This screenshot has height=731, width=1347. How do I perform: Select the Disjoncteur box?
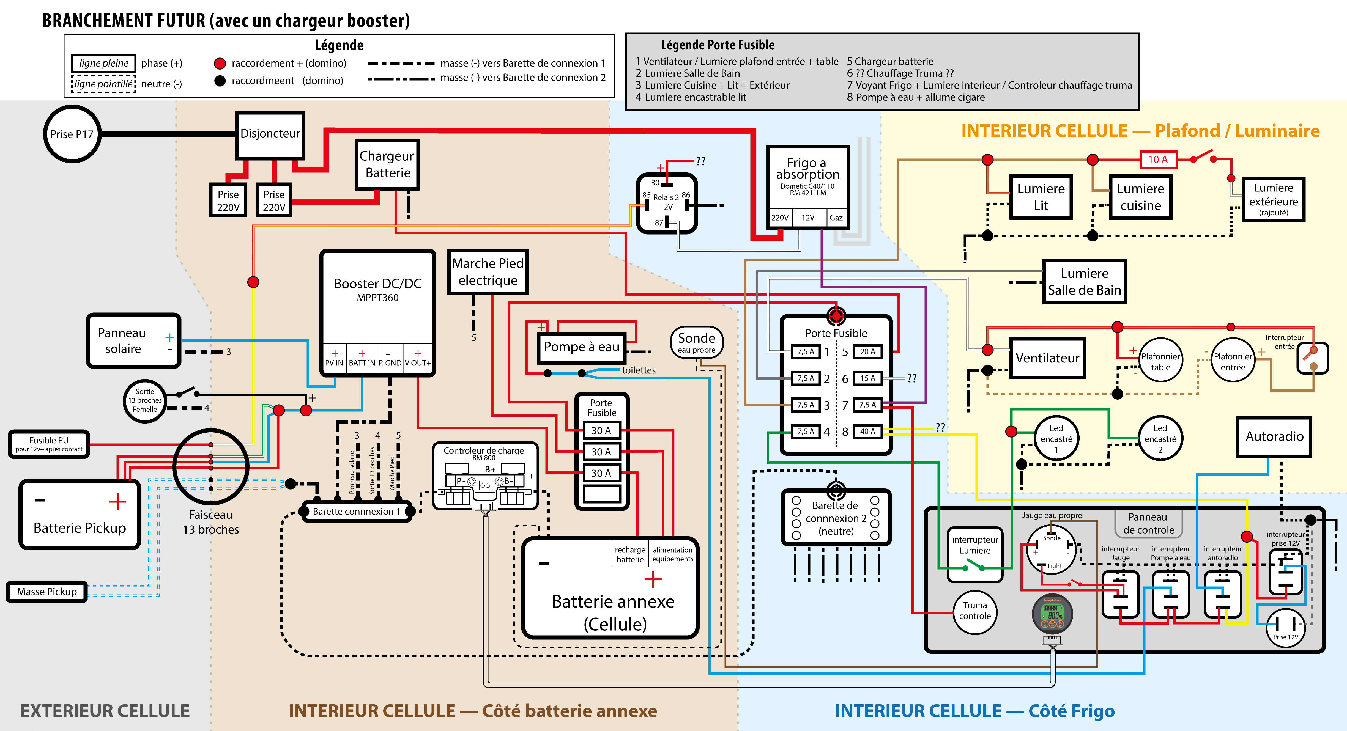[x=270, y=135]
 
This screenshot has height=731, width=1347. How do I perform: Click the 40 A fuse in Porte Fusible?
[x=867, y=432]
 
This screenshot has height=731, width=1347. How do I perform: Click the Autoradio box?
[x=1274, y=437]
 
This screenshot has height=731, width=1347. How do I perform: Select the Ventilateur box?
[x=1047, y=358]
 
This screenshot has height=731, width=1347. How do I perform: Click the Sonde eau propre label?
[x=697, y=342]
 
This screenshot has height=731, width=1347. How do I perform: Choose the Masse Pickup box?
[x=47, y=591]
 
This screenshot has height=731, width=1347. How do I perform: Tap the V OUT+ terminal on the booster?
[x=418, y=359]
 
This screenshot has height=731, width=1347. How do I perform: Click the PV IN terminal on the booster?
[x=334, y=359]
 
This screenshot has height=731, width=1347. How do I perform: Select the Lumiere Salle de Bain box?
[x=1085, y=282]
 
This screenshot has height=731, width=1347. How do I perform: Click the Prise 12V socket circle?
[x=1286, y=628]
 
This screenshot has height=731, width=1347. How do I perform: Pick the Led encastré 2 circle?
[x=1160, y=438]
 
